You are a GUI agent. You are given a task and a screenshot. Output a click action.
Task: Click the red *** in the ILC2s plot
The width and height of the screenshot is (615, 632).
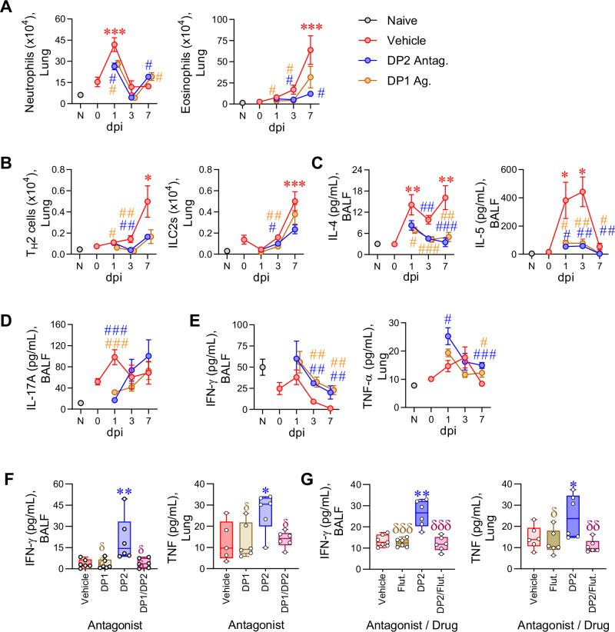pyautogui.click(x=294, y=185)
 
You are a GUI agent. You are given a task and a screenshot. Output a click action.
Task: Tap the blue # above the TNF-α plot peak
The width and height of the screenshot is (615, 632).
pyautogui.click(x=448, y=321)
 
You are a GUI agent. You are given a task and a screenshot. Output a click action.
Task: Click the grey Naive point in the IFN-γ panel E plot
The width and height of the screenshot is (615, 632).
pyautogui.click(x=264, y=368)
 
